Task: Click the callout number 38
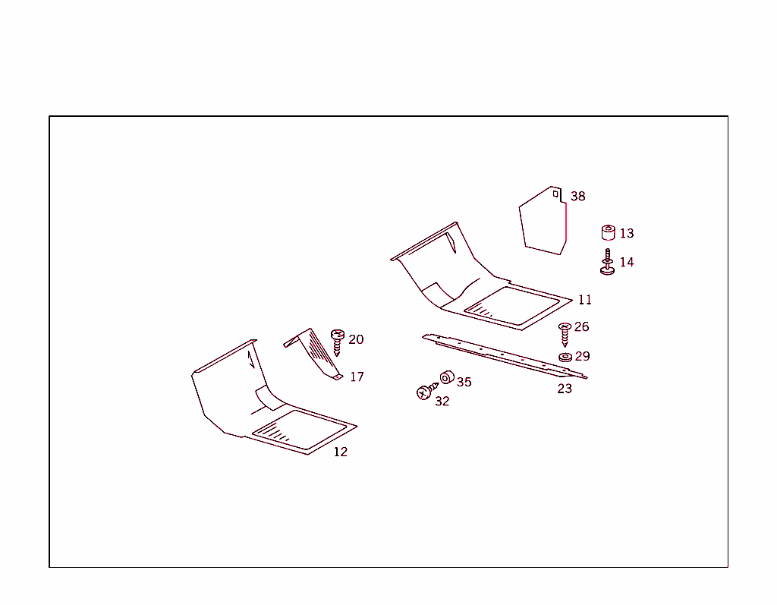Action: pyautogui.click(x=577, y=197)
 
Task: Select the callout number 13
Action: pyautogui.click(x=627, y=233)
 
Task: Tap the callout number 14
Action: pyautogui.click(x=627, y=262)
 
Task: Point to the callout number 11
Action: pyautogui.click(x=585, y=300)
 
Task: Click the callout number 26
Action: pyautogui.click(x=582, y=326)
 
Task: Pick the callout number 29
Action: pyautogui.click(x=582, y=356)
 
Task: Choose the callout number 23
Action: pyautogui.click(x=565, y=389)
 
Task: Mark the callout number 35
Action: pyautogui.click(x=464, y=382)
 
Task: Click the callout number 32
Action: pyautogui.click(x=442, y=402)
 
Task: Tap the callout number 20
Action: pyautogui.click(x=356, y=339)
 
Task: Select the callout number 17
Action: pyautogui.click(x=357, y=377)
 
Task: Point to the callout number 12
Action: pyautogui.click(x=341, y=452)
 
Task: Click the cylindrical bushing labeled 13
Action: pyautogui.click(x=608, y=232)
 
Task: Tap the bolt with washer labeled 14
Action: pyautogui.click(x=608, y=263)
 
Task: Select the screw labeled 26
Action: pyautogui.click(x=565, y=335)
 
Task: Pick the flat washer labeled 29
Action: pyautogui.click(x=565, y=357)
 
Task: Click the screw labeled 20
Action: pyautogui.click(x=338, y=342)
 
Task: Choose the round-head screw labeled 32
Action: pyautogui.click(x=426, y=391)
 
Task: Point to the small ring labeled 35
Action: pyautogui.click(x=447, y=377)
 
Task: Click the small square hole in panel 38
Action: pyautogui.click(x=556, y=194)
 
